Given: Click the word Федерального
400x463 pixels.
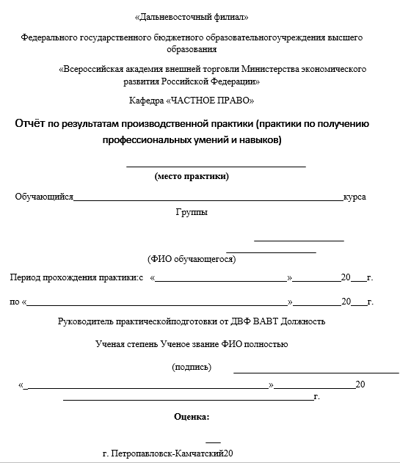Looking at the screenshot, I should (46, 37).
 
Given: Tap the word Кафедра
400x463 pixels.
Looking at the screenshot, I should (145, 100).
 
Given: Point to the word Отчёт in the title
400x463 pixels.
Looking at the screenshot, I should (31, 123).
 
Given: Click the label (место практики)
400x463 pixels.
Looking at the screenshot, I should (192, 176).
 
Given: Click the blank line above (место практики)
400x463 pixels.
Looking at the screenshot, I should (216, 167).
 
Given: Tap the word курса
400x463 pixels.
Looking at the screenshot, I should (354, 197).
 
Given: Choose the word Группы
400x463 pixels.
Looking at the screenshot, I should (191, 213).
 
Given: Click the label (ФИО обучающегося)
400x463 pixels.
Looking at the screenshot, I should (191, 259).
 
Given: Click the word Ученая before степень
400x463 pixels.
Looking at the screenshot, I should (110, 343).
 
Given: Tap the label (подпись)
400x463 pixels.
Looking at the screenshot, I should (192, 366).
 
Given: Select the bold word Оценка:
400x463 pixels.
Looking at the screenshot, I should (191, 417).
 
